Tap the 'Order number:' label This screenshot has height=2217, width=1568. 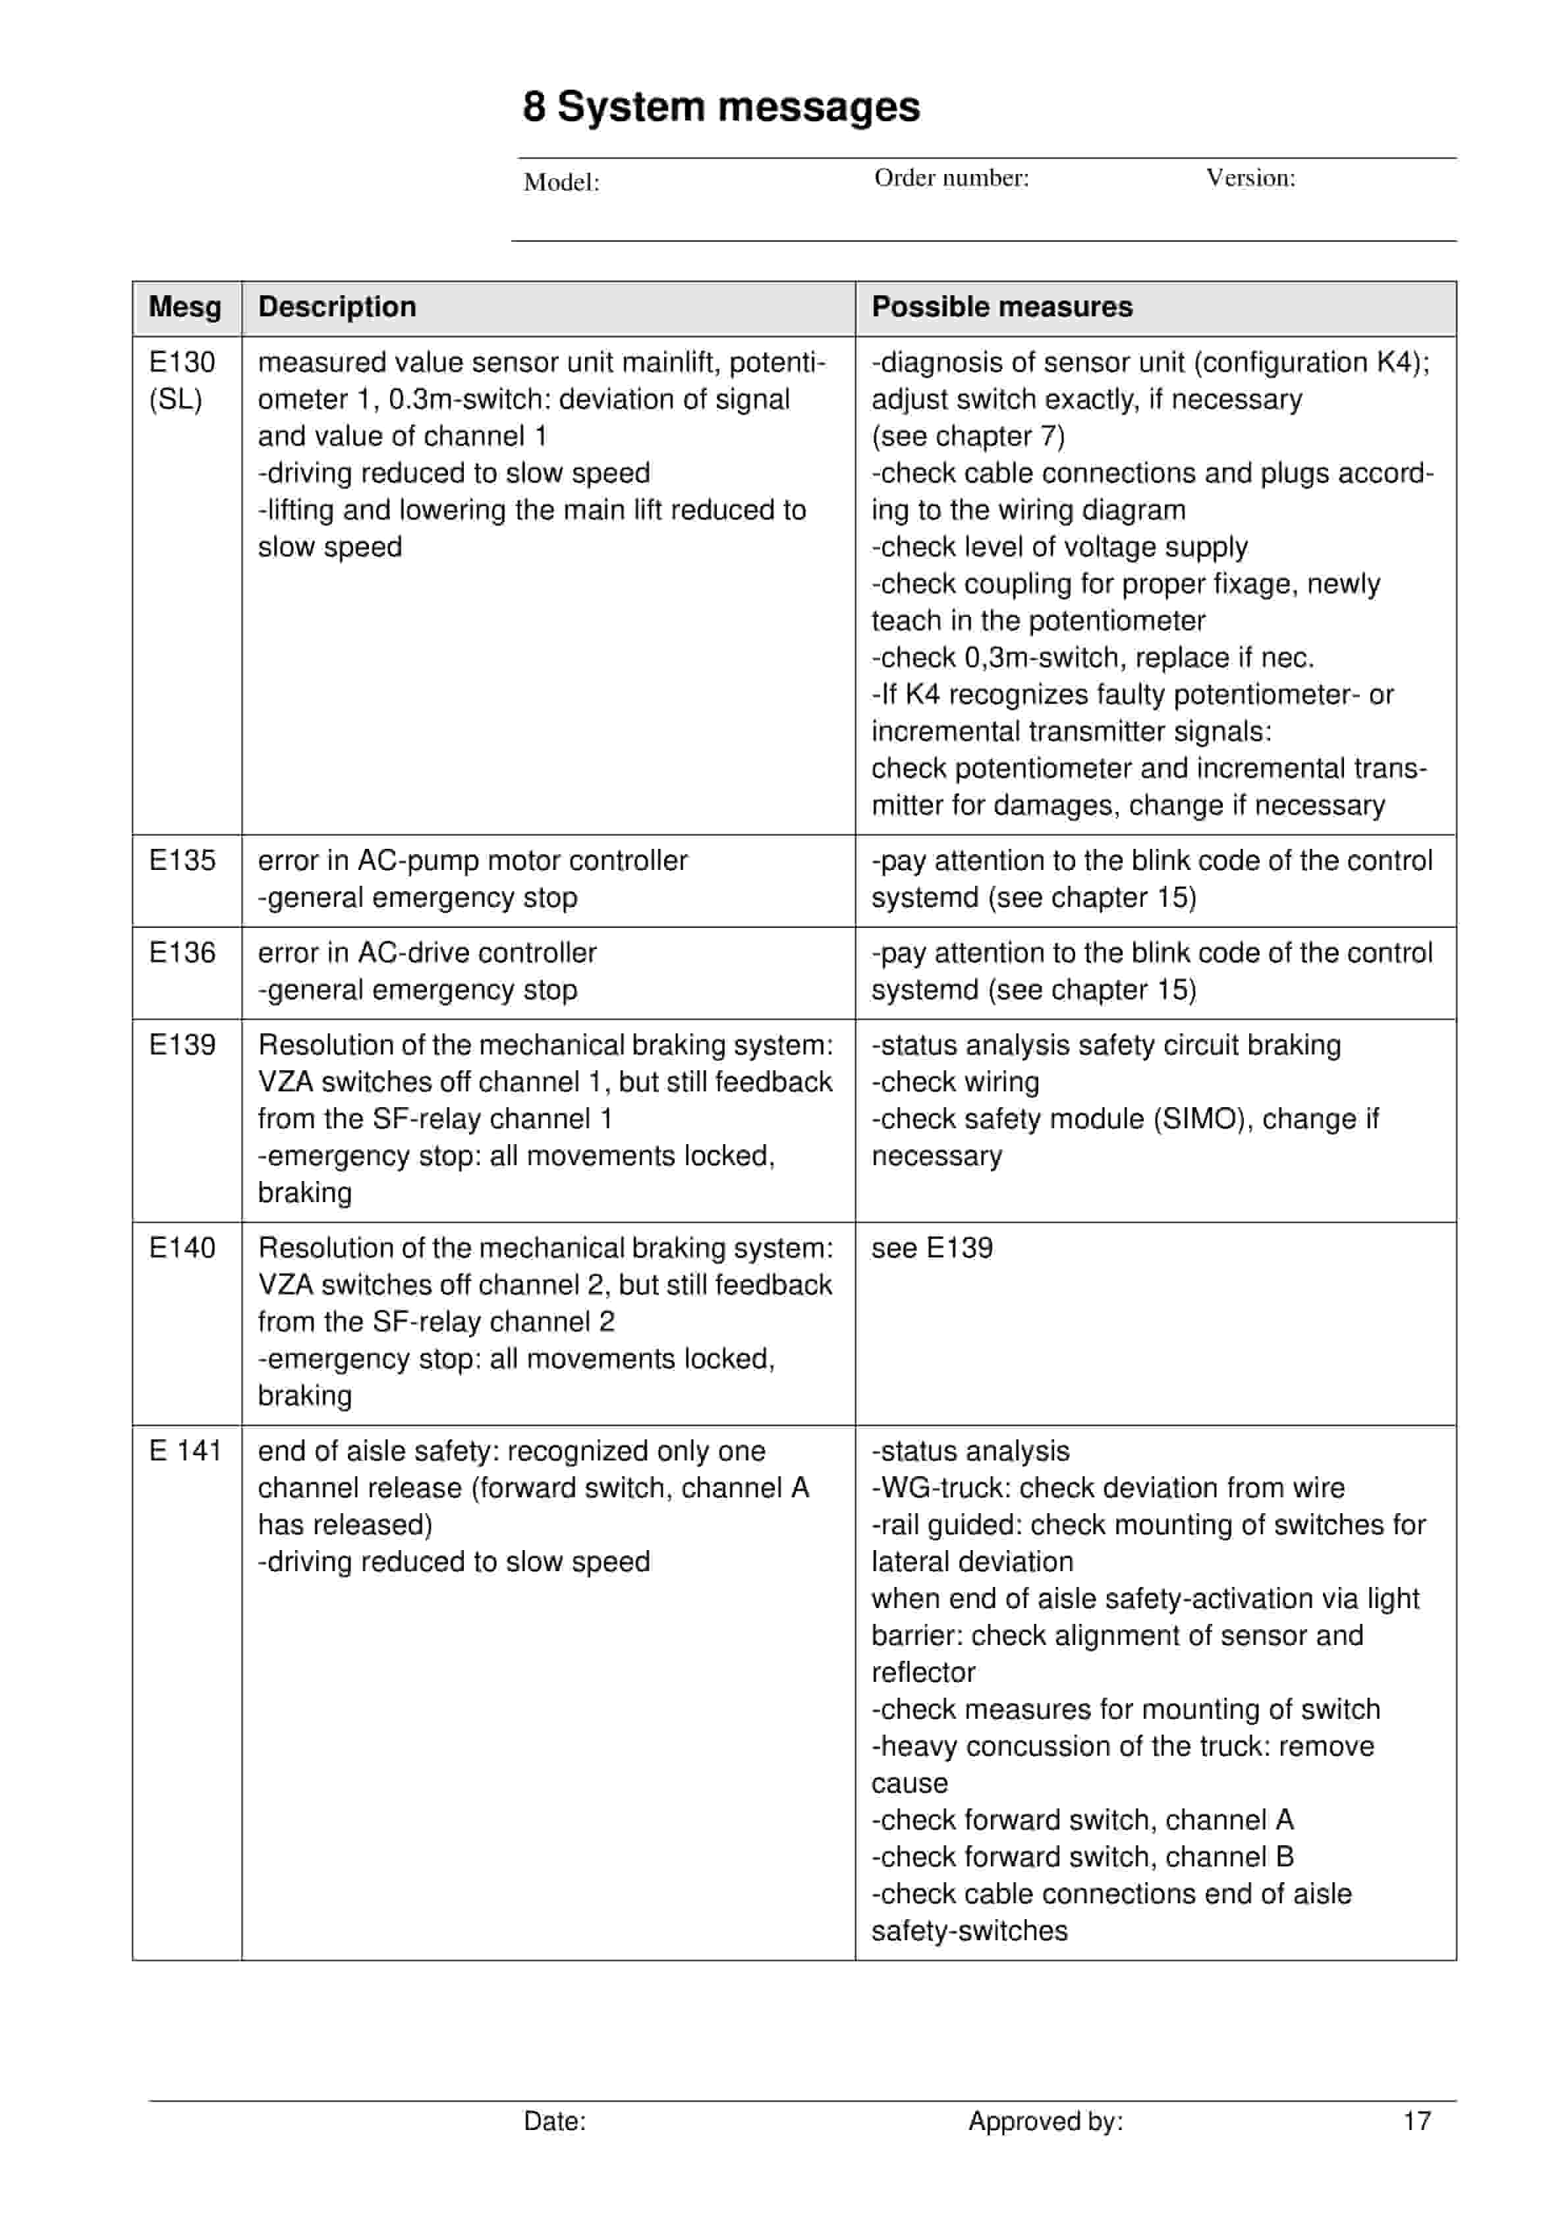(x=951, y=178)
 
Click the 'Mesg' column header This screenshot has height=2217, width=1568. (x=184, y=307)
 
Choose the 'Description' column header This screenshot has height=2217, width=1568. (x=337, y=307)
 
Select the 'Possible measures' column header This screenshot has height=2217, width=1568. (x=1001, y=307)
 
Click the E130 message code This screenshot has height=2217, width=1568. (x=182, y=362)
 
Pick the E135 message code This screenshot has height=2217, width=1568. (x=182, y=860)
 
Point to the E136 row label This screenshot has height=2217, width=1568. (x=182, y=953)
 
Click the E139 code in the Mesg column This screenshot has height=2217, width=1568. (x=182, y=1045)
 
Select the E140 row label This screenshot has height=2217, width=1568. (x=182, y=1248)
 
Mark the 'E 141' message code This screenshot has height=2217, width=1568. (x=184, y=1451)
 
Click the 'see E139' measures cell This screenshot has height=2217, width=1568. (x=931, y=1248)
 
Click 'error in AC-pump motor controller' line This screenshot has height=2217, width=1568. (x=472, y=860)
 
